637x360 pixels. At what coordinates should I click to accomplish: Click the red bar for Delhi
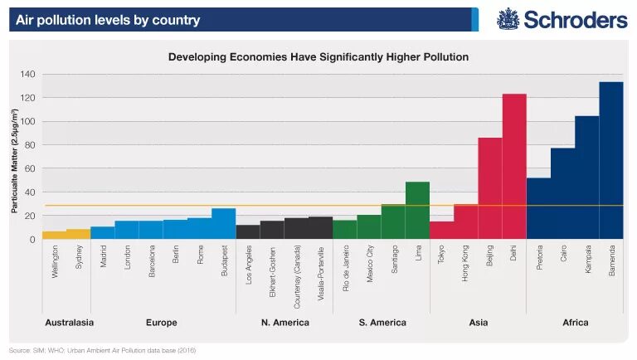(x=514, y=166)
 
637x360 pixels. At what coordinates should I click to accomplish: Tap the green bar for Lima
(x=417, y=211)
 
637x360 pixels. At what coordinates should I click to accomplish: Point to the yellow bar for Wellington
(x=54, y=236)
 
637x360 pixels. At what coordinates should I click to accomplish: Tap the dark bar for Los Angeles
(x=248, y=232)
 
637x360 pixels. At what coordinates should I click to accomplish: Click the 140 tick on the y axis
(x=27, y=75)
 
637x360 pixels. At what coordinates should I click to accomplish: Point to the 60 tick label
(x=30, y=168)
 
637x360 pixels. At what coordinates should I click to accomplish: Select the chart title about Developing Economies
(x=318, y=57)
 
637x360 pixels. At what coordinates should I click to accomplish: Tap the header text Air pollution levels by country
(x=108, y=20)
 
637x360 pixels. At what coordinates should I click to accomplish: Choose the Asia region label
(x=478, y=322)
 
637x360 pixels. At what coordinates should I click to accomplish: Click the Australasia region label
(x=68, y=322)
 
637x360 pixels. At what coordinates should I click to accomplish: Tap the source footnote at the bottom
(x=103, y=350)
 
